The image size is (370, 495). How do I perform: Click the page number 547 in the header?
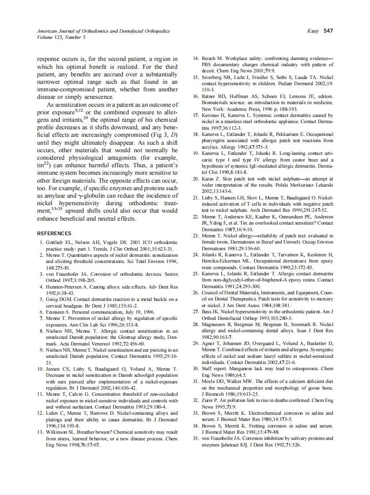tap(328, 31)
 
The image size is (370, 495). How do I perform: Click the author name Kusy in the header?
tap(313, 31)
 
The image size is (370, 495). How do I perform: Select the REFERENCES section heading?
tap(54, 233)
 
